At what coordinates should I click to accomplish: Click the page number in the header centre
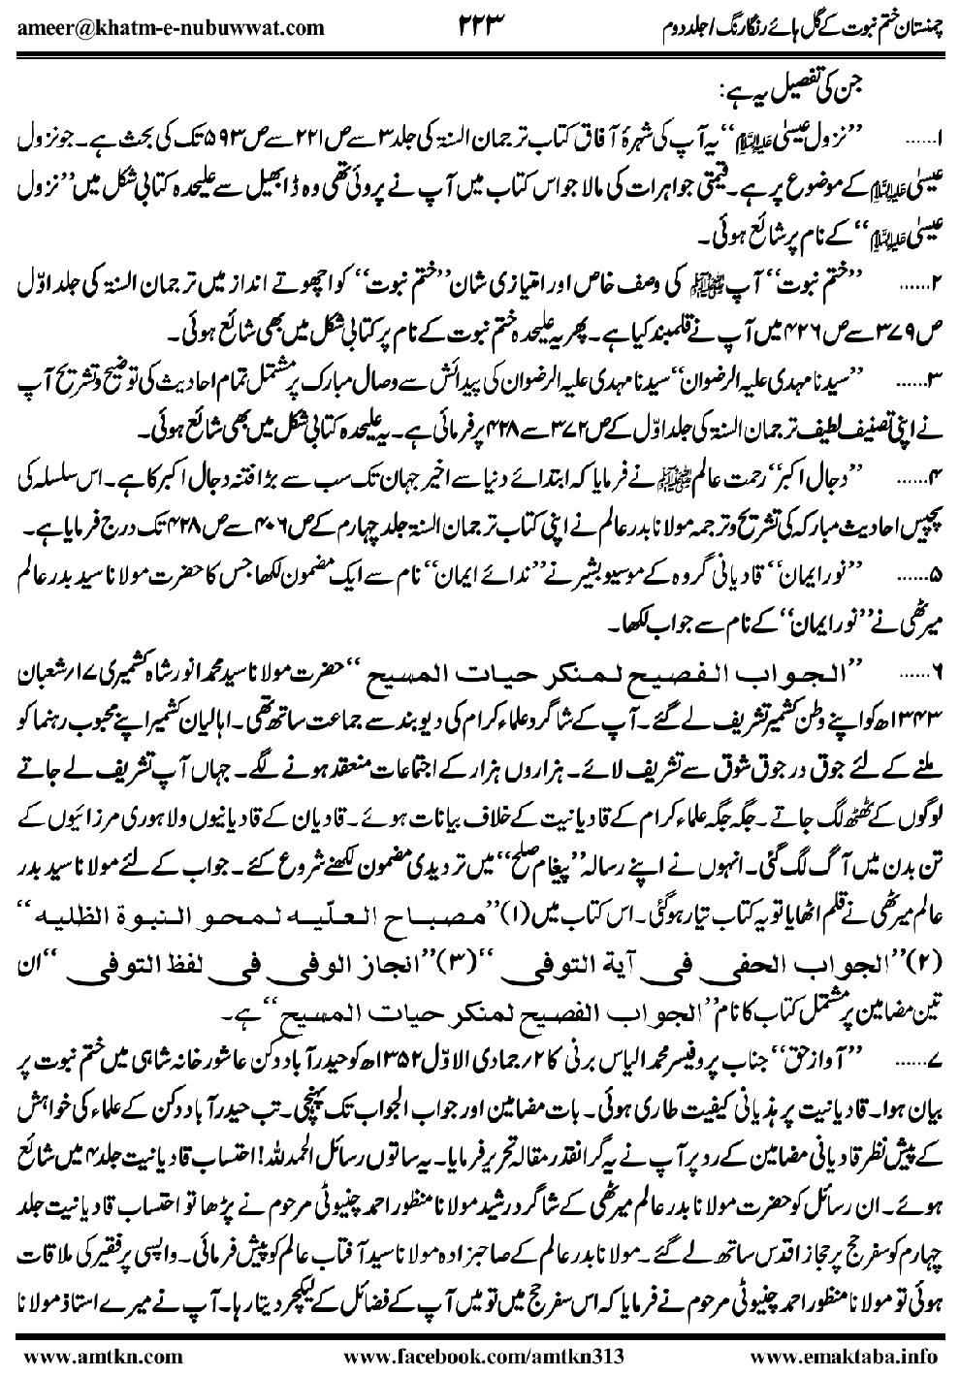coord(481,25)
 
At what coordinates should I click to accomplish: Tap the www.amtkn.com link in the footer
coord(64,1351)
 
